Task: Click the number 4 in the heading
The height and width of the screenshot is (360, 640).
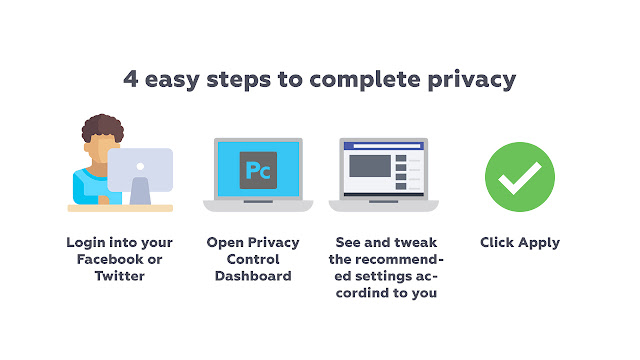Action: (x=131, y=78)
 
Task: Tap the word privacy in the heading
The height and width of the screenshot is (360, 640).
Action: (x=472, y=80)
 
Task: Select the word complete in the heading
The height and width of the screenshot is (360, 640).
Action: (x=365, y=80)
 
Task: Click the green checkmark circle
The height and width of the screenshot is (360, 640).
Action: (x=520, y=177)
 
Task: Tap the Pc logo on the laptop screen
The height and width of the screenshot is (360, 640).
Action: (x=258, y=170)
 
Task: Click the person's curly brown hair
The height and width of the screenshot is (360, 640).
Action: (x=102, y=127)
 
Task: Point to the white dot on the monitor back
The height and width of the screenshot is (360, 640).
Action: (x=140, y=166)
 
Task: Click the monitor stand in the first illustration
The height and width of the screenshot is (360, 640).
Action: (x=140, y=191)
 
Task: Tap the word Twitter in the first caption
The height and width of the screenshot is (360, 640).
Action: (x=120, y=276)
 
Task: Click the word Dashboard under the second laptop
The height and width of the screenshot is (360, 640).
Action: (x=253, y=276)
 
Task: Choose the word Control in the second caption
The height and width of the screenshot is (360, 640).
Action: (x=253, y=259)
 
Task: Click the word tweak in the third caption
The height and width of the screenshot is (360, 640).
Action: (x=416, y=242)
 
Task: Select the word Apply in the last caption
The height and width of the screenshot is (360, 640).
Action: (x=539, y=243)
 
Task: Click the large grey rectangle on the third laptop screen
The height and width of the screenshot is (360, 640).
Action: (x=370, y=166)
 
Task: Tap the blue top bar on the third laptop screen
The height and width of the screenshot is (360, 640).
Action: (x=384, y=146)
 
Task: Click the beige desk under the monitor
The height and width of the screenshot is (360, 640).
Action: (x=120, y=208)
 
